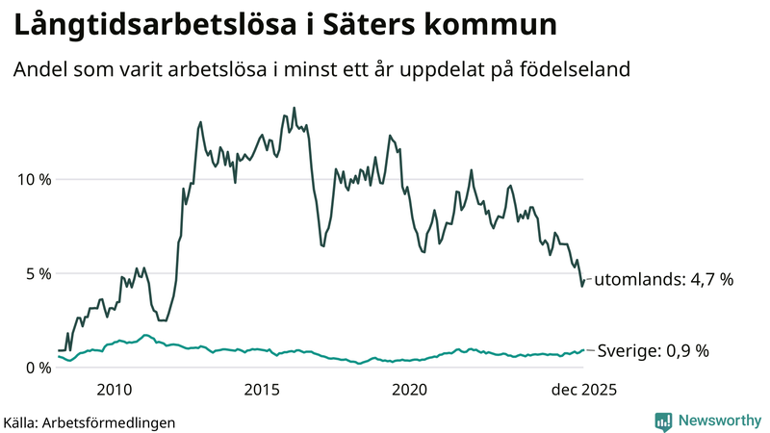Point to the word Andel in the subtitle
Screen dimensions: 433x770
click(38, 70)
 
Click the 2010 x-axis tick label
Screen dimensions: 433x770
click(114, 390)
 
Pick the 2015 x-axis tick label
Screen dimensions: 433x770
click(262, 390)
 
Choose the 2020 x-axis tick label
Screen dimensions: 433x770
click(410, 390)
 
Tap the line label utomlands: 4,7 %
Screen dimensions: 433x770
click(663, 280)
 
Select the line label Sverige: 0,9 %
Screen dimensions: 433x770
click(654, 351)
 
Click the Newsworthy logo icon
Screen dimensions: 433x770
click(663, 420)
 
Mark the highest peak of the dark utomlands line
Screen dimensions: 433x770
click(294, 108)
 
